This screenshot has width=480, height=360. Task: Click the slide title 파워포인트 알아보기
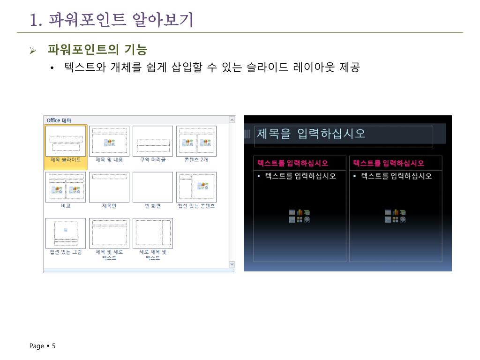coord(111,20)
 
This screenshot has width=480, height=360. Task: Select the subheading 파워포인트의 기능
coord(97,50)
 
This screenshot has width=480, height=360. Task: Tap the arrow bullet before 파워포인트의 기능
coord(33,50)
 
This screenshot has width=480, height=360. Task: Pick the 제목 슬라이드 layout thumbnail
coord(66,141)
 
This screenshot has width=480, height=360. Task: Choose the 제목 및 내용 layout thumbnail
coord(109,141)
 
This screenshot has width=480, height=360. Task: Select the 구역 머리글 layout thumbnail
coord(153,141)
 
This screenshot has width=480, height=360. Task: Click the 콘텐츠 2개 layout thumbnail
coord(196,141)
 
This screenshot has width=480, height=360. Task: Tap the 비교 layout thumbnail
coord(66,187)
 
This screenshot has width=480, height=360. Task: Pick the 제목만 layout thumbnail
coord(109,187)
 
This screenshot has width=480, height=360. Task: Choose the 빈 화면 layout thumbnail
coord(153,187)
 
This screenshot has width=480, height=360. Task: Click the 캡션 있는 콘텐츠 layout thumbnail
coord(196,187)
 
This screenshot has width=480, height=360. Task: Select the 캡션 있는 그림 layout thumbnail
coord(66,233)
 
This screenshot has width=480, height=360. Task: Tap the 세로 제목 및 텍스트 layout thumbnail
coord(153,233)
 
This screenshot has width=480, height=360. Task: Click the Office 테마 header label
coord(59,120)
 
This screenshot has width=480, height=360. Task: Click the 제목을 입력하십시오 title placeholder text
coord(310,134)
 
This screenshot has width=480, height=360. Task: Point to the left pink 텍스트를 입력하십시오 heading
coord(292,163)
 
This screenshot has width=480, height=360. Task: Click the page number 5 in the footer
coord(53,346)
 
